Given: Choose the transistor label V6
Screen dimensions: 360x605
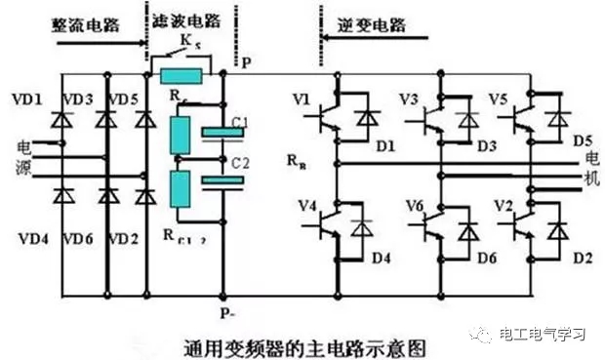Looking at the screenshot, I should (x=414, y=206).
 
